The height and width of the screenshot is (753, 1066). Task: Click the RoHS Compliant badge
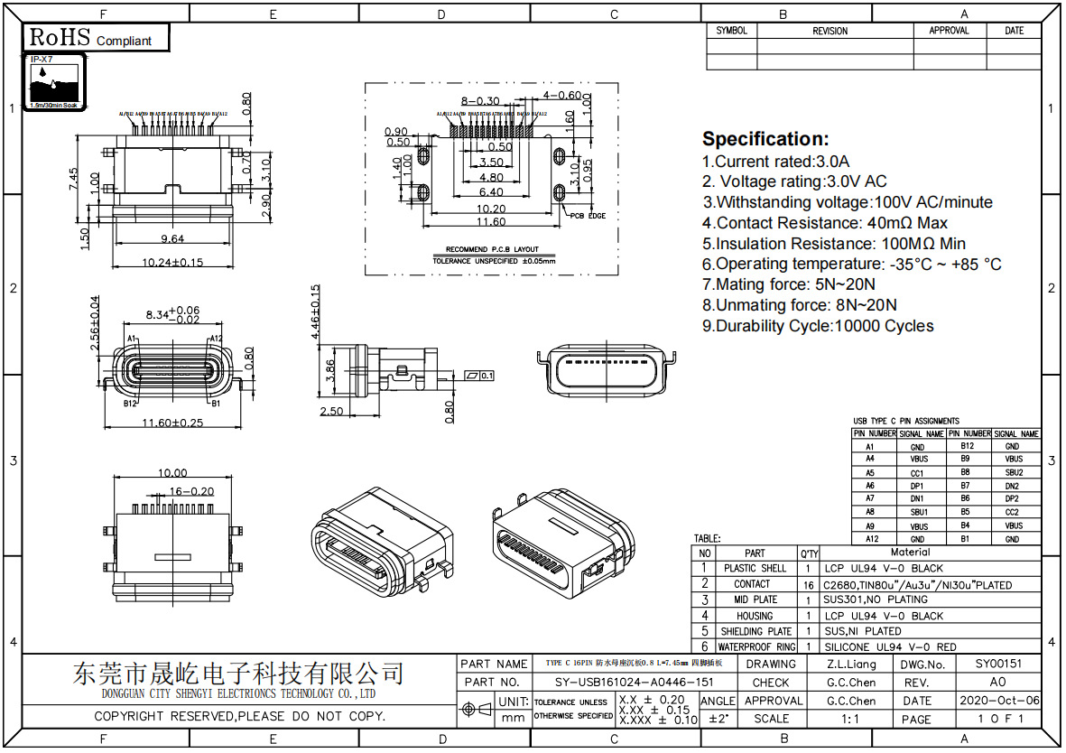(89, 38)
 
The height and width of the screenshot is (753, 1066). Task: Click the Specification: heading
(765, 139)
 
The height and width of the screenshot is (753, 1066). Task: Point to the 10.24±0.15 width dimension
(171, 263)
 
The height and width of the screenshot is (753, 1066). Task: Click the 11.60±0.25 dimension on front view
(171, 423)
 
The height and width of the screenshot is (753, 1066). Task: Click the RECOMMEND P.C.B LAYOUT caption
(492, 249)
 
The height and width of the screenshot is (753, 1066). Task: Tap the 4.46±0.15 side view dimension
(315, 312)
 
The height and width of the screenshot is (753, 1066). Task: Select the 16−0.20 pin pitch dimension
(191, 492)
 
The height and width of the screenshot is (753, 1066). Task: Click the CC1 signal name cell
(918, 472)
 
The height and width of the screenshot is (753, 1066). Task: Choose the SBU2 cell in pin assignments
(1014, 472)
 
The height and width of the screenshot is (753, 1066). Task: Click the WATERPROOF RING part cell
(756, 647)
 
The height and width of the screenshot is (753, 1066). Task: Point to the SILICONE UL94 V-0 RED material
(888, 647)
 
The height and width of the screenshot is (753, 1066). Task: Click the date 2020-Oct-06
(998, 701)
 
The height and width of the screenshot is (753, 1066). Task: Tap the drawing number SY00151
(998, 664)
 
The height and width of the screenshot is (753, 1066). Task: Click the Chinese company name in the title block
(238, 674)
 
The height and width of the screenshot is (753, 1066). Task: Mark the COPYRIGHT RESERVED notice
(240, 717)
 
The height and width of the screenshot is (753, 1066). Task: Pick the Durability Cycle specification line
(818, 326)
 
